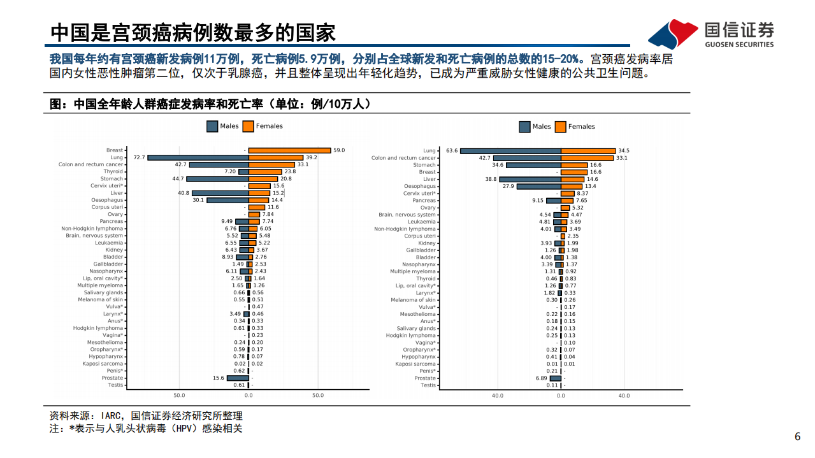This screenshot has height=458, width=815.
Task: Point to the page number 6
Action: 797,437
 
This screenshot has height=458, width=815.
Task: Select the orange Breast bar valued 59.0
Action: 289,150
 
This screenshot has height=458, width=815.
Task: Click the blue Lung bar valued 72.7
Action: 198,157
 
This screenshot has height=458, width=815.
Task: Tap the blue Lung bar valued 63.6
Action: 510,151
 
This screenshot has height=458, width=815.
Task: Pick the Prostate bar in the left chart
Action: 237,378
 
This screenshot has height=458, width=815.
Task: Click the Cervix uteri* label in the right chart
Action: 420,194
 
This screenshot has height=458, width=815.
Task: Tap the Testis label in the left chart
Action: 115,385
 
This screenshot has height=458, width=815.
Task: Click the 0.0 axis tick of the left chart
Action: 248,396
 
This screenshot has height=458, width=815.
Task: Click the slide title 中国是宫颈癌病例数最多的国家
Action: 193,32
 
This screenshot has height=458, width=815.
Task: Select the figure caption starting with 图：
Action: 210,104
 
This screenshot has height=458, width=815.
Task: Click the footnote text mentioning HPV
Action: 146,429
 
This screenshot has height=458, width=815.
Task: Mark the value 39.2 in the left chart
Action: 311,157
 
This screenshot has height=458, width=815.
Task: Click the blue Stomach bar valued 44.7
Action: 217,179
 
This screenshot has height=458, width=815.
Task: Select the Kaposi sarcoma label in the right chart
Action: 415,364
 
